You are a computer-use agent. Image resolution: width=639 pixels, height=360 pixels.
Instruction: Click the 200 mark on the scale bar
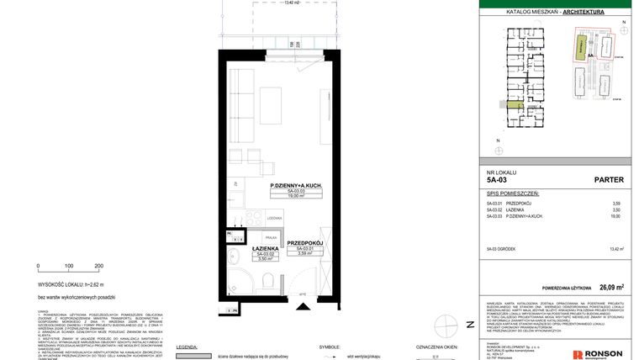click(99, 265)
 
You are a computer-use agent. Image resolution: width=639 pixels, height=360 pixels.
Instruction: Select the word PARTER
click(608, 178)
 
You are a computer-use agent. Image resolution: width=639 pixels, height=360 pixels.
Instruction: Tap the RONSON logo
click(599, 353)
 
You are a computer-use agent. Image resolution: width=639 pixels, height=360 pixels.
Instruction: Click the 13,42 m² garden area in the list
click(618, 249)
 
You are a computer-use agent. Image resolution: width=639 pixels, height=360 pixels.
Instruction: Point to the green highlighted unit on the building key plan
click(512, 106)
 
